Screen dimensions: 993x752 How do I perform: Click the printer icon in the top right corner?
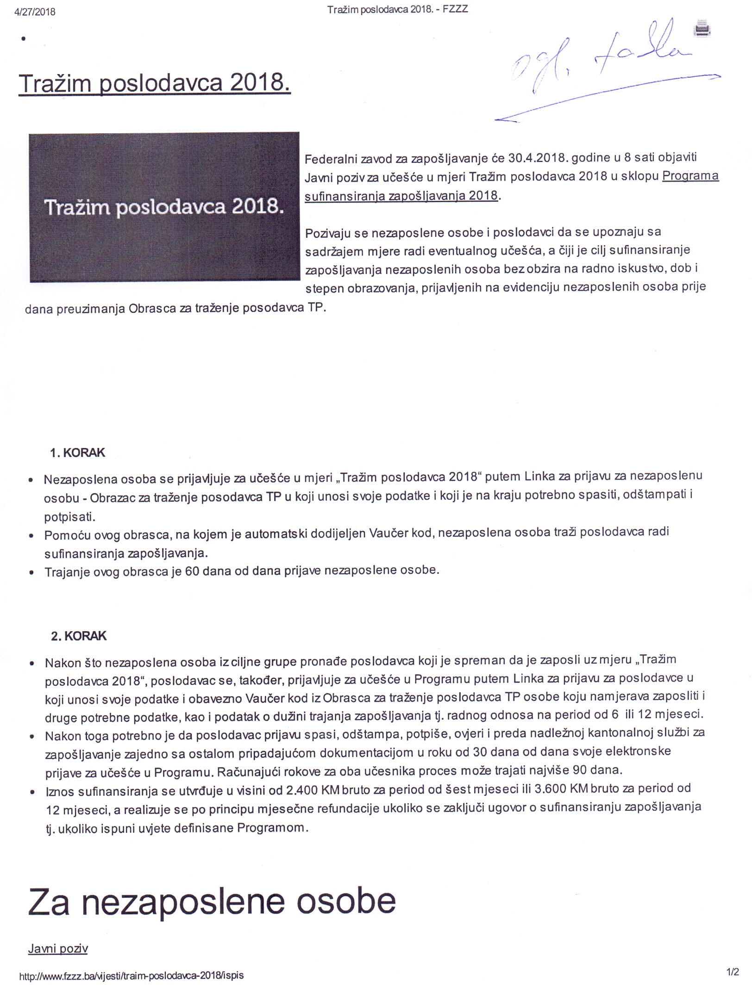[702, 29]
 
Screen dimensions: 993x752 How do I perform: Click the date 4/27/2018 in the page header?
[35, 12]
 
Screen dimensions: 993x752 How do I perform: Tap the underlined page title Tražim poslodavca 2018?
[154, 83]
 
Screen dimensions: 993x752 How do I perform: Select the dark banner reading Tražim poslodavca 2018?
[164, 207]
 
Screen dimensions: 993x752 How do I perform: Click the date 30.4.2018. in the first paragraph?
[538, 158]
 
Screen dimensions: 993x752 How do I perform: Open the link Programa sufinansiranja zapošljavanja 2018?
[511, 186]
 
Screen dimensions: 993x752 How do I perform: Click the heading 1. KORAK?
[77, 453]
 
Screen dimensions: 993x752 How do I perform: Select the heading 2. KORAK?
[78, 636]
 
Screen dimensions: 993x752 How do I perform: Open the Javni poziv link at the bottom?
[58, 949]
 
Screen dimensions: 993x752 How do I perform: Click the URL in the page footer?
[131, 975]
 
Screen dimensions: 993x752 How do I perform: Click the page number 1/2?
[733, 972]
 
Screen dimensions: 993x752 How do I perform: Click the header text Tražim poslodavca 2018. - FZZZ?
[397, 10]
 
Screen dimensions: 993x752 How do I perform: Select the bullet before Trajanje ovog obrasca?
[31, 573]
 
